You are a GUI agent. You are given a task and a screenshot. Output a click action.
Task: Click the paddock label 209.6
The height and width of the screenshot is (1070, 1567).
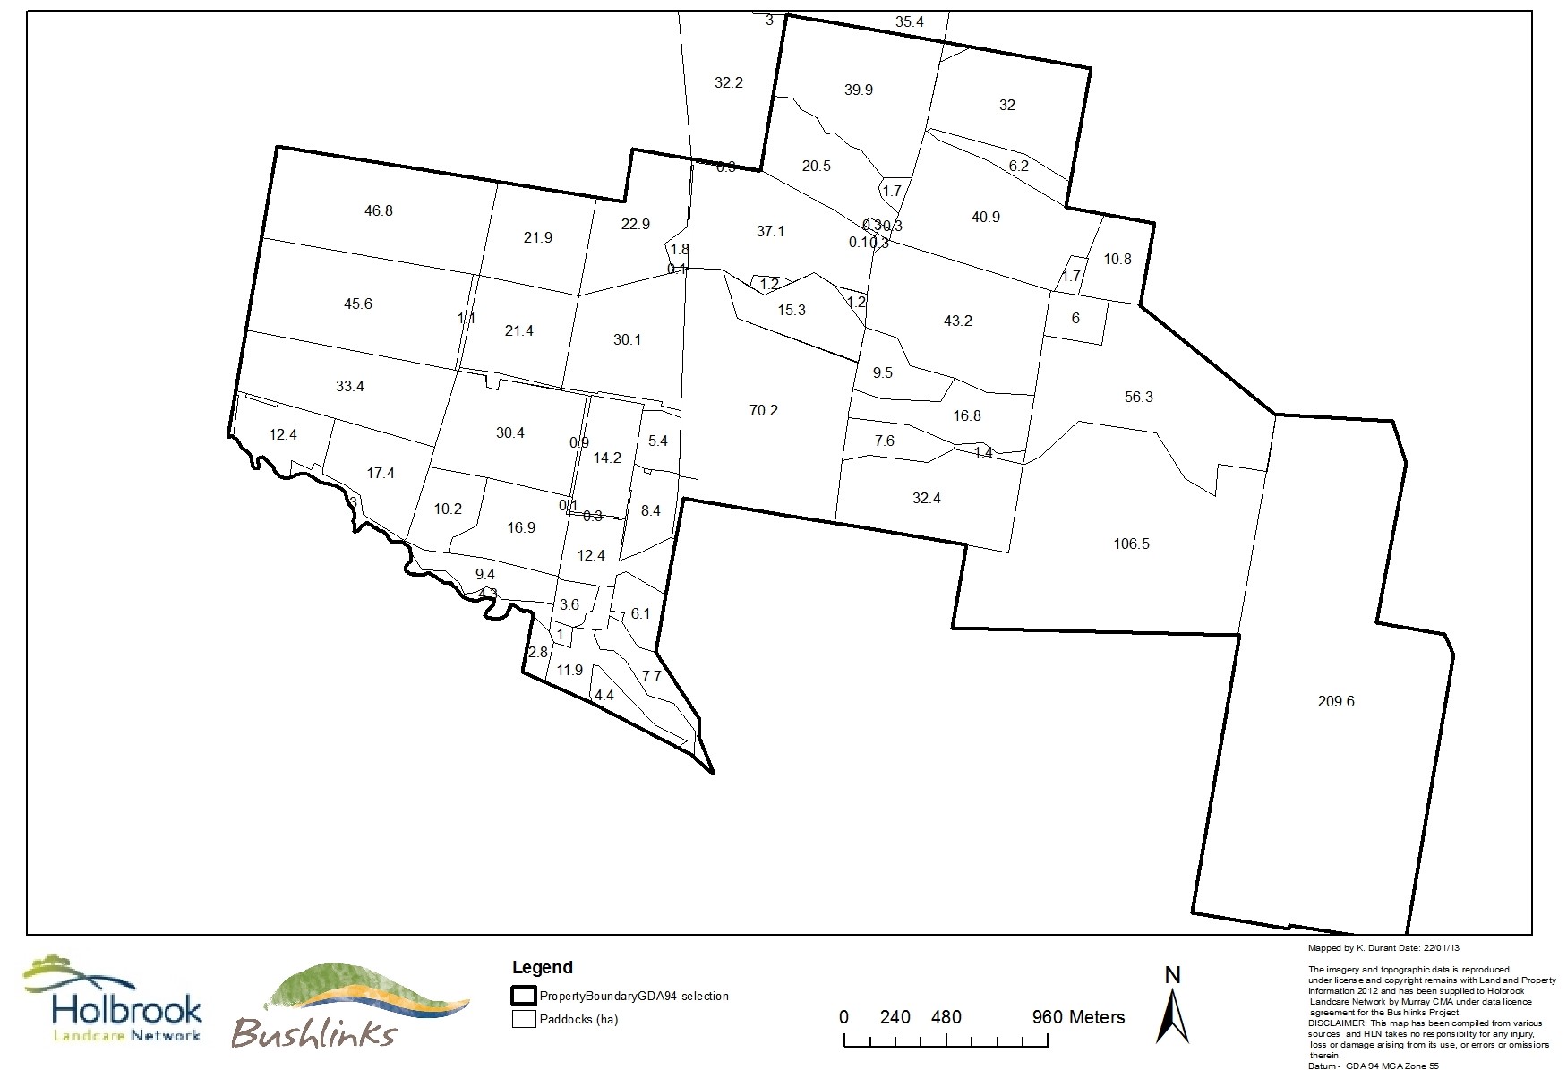[1336, 702]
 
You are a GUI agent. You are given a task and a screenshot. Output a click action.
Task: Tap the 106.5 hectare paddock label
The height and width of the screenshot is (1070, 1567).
[1131, 544]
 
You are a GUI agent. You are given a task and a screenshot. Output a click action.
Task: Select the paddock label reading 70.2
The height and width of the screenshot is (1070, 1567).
[763, 411]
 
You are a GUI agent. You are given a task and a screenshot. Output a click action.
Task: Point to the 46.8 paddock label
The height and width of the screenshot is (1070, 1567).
[378, 211]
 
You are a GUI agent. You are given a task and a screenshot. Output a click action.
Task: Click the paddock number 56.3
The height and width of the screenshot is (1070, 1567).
[1138, 398]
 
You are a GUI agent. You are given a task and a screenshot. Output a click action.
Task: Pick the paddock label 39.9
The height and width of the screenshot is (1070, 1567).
[858, 90]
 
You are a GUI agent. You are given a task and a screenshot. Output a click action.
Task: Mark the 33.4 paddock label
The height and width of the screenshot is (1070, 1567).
[349, 387]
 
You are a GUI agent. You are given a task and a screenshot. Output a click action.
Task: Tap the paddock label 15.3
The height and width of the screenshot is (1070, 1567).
[792, 311]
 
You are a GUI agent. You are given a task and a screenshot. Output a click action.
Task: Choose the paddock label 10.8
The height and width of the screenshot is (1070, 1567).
[1117, 260]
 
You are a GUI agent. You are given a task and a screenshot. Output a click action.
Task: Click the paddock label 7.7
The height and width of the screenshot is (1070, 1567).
[651, 677]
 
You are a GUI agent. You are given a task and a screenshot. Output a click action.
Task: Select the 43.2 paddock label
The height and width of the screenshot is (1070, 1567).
[957, 321]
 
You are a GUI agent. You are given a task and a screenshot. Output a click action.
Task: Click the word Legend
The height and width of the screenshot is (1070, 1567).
[542, 968]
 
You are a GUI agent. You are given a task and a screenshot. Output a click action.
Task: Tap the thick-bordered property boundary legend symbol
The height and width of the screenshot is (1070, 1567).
[523, 996]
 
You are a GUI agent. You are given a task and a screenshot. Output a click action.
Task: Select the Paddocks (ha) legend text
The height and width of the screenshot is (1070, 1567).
[578, 1019]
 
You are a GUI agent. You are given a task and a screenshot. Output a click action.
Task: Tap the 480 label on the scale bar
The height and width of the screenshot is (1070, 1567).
[946, 1017]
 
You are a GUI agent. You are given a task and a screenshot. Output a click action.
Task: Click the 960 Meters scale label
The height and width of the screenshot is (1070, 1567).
[1078, 1017]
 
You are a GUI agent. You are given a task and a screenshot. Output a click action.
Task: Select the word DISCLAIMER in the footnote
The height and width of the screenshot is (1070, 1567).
[1336, 1022]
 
